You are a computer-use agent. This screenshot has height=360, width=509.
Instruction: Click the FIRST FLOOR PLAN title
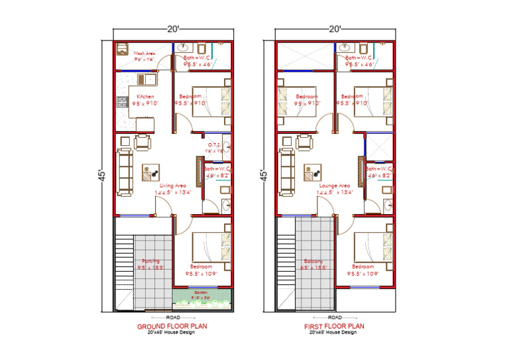pyautogui.click(x=335, y=326)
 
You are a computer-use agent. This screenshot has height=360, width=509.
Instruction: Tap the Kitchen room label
pyautogui.click(x=145, y=97)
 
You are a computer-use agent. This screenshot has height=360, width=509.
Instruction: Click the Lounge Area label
pyautogui.click(x=335, y=186)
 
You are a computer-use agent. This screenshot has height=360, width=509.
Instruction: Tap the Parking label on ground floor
pyautogui.click(x=150, y=261)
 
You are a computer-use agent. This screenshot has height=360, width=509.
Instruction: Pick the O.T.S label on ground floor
pyautogui.click(x=214, y=145)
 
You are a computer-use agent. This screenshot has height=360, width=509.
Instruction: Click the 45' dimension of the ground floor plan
pyautogui.click(x=104, y=174)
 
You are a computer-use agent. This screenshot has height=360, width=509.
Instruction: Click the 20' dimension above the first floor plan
pyautogui.click(x=335, y=29)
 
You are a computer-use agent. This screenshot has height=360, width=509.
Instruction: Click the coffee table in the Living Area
pyautogui.click(x=149, y=172)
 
